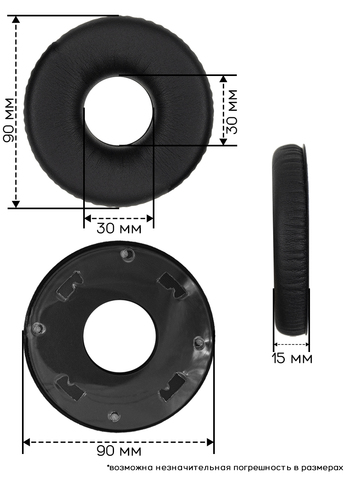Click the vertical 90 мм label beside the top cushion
[9, 120]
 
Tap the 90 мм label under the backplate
[119, 451]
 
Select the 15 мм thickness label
[292, 358]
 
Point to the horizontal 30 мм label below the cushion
[119, 228]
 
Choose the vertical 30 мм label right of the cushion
[232, 111]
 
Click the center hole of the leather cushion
[119, 110]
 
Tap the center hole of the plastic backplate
[119, 337]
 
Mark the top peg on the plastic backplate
[127, 254]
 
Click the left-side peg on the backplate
[38, 328]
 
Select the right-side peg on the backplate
[198, 342]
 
